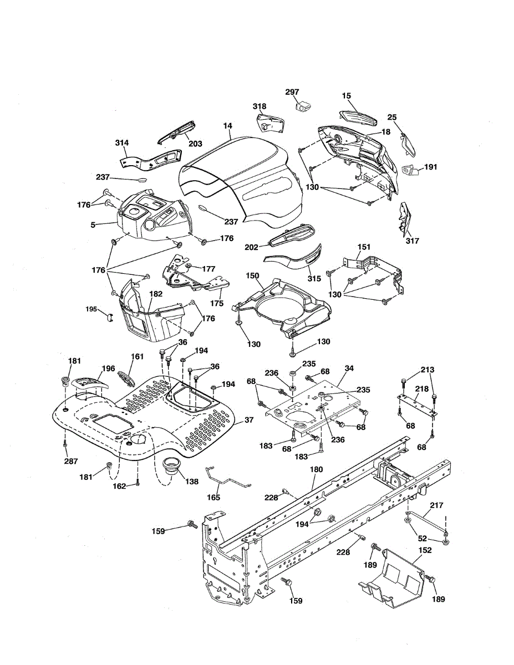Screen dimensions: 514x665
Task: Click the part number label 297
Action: point(292,92)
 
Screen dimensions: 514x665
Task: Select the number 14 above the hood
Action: point(228,126)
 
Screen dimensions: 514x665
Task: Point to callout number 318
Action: point(259,106)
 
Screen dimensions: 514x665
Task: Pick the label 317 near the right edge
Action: point(413,241)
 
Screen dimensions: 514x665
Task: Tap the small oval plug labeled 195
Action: point(110,317)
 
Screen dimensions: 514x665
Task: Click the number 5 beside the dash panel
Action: point(93,225)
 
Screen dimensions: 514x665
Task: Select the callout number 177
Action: point(208,269)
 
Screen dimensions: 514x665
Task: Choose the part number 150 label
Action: point(252,275)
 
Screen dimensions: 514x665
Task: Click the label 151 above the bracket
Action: point(364,247)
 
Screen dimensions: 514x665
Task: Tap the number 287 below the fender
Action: point(71,461)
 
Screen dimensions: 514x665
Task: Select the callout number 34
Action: point(349,368)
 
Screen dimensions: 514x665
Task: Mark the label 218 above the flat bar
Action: point(421,389)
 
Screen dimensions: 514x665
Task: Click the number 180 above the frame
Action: point(316,469)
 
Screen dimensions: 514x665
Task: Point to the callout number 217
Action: point(436,505)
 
